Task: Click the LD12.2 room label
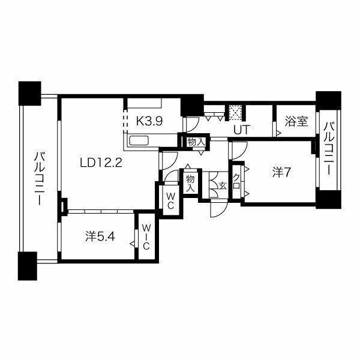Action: (x=101, y=163)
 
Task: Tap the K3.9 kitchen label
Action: (x=149, y=121)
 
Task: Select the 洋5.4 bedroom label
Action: (x=100, y=236)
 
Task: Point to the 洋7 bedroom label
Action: (x=282, y=172)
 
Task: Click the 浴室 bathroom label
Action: (x=296, y=121)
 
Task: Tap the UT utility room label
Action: (x=242, y=130)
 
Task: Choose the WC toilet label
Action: (x=170, y=201)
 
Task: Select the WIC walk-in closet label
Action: (x=146, y=237)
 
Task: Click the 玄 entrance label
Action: (x=223, y=185)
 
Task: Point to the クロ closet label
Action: (x=236, y=181)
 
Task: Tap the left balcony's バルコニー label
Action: (x=39, y=178)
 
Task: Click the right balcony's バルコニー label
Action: (x=329, y=149)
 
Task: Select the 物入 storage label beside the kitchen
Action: (x=196, y=142)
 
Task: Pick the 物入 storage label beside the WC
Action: (x=190, y=183)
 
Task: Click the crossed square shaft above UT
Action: (x=236, y=113)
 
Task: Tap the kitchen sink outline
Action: (x=139, y=140)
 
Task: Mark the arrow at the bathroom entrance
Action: (x=279, y=133)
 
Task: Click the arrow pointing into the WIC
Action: (x=133, y=244)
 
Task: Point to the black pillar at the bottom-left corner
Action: (x=28, y=266)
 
